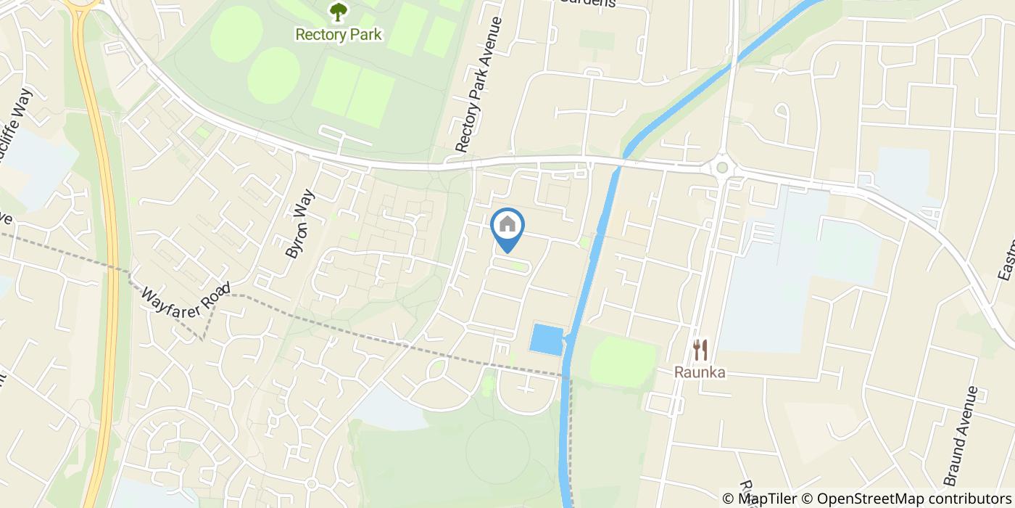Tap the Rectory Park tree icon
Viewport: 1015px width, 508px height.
[338, 12]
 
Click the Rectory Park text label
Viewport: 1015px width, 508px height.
[338, 34]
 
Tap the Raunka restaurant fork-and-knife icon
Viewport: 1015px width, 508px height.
[700, 351]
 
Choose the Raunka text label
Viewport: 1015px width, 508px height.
[700, 372]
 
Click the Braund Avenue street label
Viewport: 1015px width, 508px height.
[961, 436]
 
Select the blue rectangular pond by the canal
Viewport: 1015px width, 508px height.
[547, 340]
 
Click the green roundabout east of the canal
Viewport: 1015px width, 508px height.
[721, 168]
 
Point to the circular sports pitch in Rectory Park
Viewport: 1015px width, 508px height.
[274, 77]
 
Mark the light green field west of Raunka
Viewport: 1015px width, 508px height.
[622, 361]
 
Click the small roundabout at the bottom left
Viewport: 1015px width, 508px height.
[311, 484]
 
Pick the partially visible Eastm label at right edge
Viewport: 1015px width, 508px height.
[1007, 261]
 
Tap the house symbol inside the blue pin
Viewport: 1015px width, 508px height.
[507, 224]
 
